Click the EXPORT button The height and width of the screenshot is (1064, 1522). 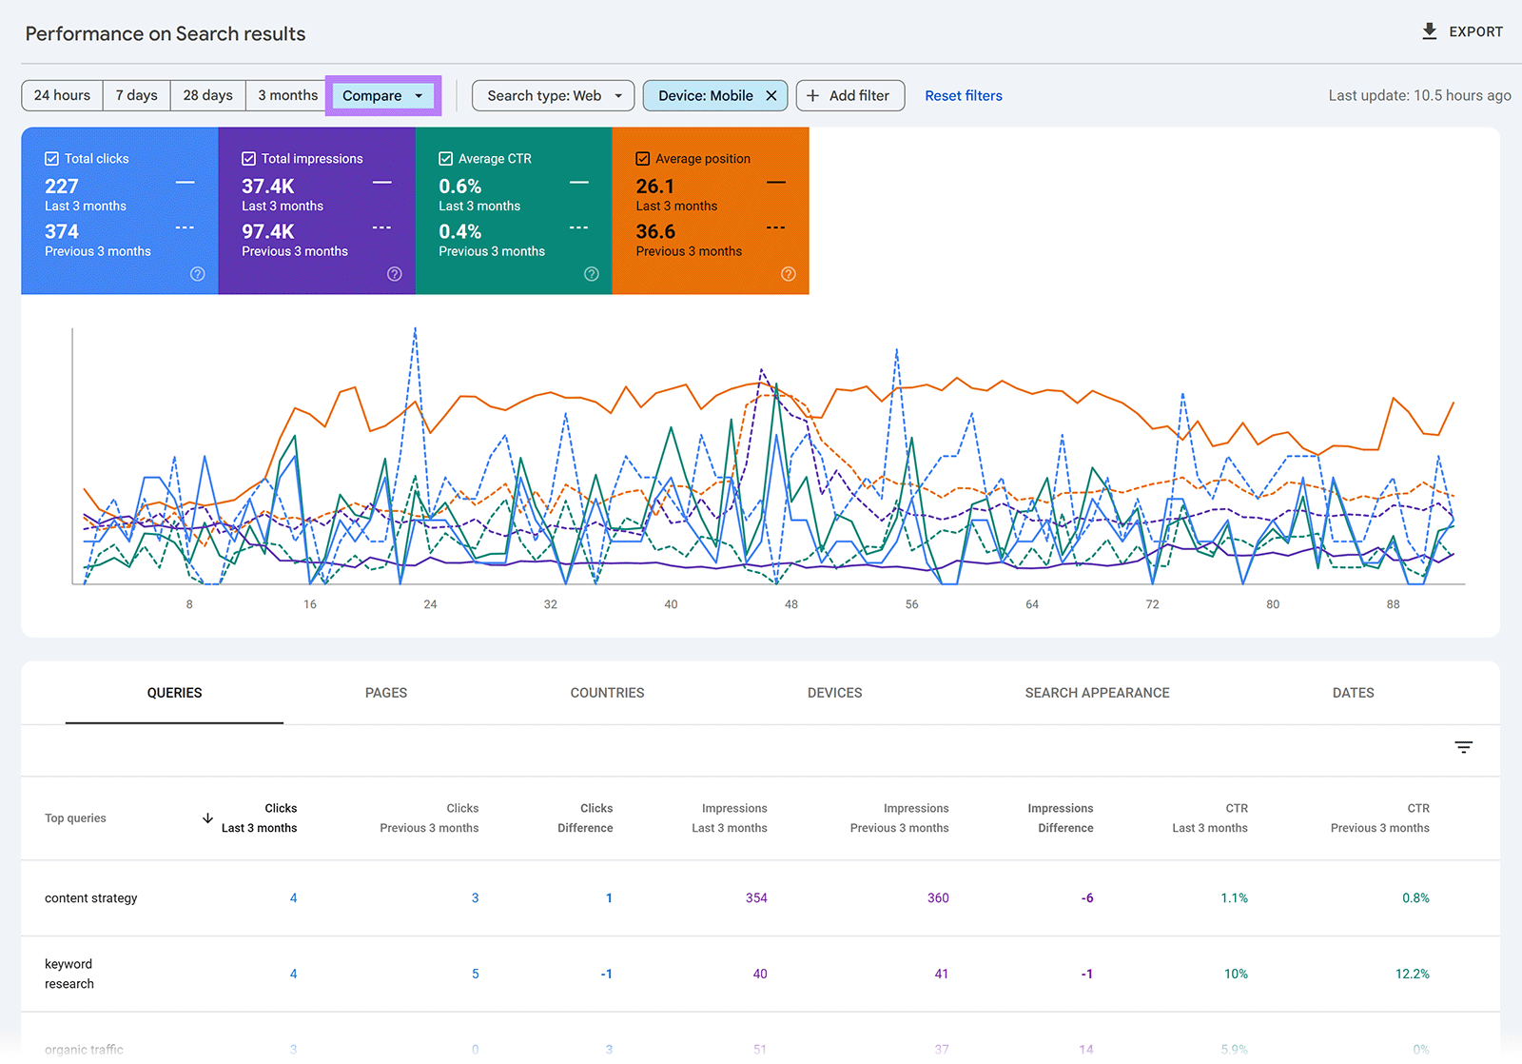pos(1462,31)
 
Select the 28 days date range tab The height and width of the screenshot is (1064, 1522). pos(207,95)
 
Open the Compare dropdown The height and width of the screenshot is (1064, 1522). pos(382,95)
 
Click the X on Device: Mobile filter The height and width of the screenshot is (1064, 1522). pos(771,95)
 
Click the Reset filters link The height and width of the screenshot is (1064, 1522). pos(963,95)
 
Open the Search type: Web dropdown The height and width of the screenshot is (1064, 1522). pos(553,95)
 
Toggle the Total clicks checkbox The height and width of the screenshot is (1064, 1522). pos(52,159)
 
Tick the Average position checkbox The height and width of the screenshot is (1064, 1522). pos(643,159)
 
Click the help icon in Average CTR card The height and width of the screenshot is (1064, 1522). pos(591,274)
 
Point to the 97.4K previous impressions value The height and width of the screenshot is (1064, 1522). pos(267,231)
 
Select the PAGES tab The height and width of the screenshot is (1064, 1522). pos(385,693)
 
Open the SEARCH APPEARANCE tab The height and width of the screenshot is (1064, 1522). pos(1097,693)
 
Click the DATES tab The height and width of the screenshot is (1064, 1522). pos(1353,693)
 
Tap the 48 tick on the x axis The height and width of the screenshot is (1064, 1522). pos(790,604)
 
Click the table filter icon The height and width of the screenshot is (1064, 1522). pos(1463,747)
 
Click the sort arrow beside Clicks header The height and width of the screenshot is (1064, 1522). pos(207,818)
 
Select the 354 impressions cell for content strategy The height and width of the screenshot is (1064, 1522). pos(756,897)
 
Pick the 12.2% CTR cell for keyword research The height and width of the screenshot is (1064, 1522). pos(1412,974)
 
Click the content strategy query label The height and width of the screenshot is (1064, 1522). pos(91,897)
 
